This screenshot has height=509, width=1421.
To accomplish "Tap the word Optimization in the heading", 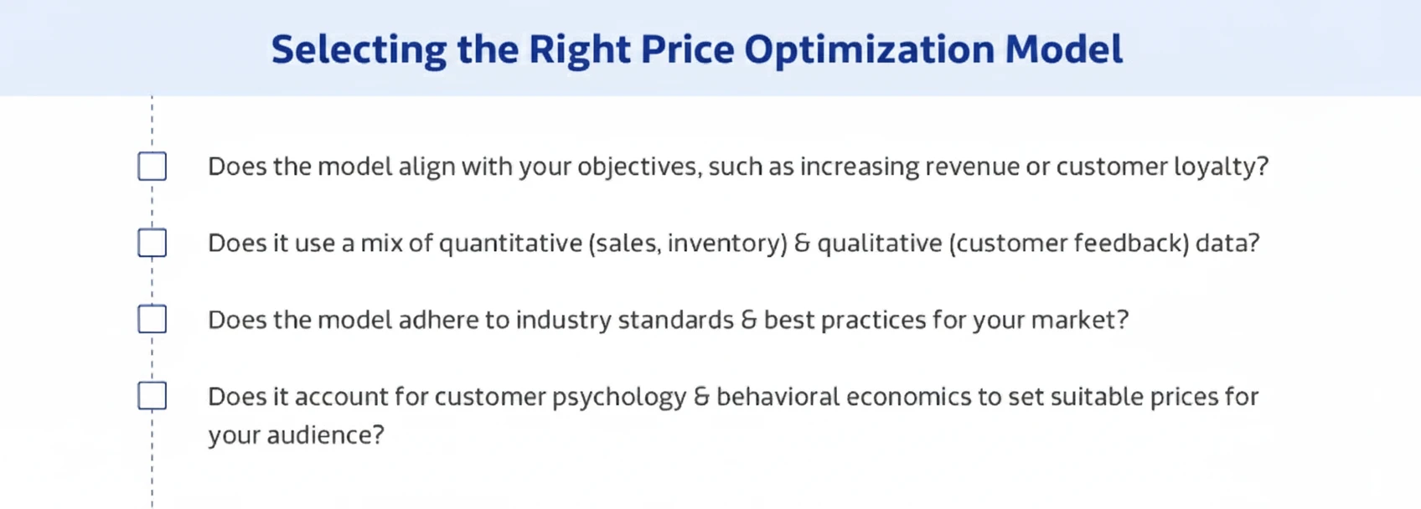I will point(868,49).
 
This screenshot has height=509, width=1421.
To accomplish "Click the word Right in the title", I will point(578,49).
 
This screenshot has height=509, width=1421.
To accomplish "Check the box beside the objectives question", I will point(152,167).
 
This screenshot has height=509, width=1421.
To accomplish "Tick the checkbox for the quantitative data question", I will point(152,243).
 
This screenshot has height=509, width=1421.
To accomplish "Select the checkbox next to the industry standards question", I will point(152,319).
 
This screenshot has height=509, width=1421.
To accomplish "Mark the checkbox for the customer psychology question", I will point(152,396).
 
